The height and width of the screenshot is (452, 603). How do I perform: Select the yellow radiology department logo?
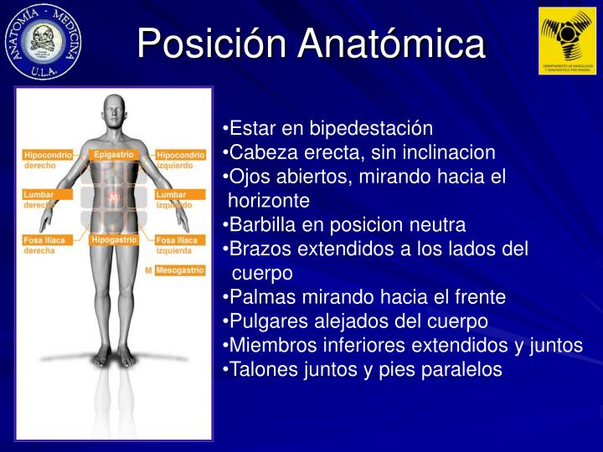566,40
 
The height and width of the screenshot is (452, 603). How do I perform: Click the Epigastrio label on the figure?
114,155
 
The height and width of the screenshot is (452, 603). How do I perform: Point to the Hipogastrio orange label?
114,240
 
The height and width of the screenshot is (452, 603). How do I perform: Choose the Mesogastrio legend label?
180,270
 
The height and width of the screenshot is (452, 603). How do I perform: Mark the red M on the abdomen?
114,198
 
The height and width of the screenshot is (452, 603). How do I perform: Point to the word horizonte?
269,201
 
